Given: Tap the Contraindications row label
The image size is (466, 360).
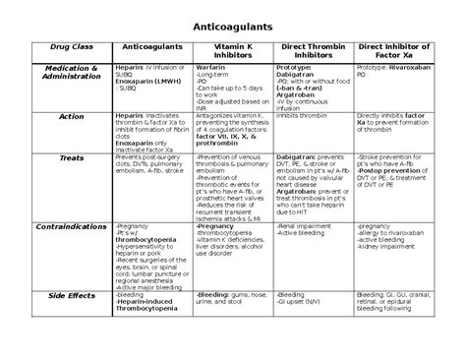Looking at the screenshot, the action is click(72, 226).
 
